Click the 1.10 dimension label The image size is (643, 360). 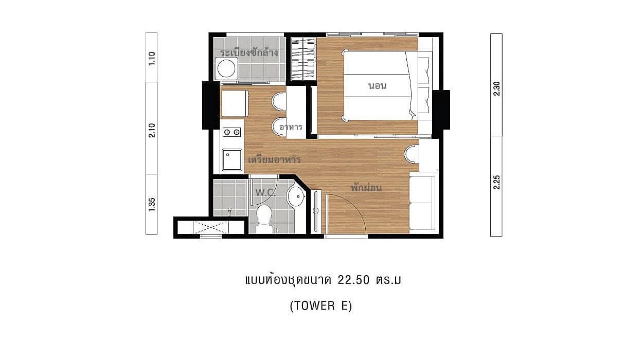pos(152,58)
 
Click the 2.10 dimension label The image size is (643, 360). pos(152,130)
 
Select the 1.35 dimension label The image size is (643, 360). pos(152,205)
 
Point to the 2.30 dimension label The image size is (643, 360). pos(496,88)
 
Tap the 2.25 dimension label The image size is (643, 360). pos(496,182)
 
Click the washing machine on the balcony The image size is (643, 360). pos(226,68)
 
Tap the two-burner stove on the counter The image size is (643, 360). pos(232,132)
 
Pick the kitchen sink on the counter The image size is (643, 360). pos(232,159)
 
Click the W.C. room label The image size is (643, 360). pos(265,192)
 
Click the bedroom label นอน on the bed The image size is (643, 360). pos(377,85)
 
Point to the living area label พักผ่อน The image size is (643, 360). pos(366,188)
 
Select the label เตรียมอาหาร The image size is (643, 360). pos(274,159)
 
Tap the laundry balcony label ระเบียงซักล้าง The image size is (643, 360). pos(249,52)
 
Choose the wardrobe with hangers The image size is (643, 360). pos(303,59)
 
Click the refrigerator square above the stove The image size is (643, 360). pos(235,104)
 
